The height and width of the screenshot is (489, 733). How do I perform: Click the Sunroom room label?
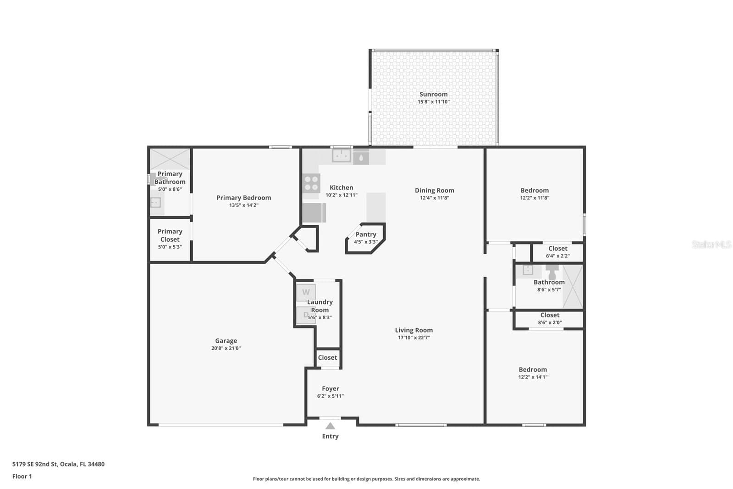coord(433,94)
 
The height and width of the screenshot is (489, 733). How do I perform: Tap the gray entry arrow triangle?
coord(330,426)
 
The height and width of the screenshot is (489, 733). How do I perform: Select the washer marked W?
coord(306,293)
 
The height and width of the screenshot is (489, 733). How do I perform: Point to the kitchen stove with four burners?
coord(311,183)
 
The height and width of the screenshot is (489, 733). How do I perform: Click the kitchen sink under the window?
coord(342,156)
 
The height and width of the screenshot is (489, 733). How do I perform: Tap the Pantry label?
coord(366,234)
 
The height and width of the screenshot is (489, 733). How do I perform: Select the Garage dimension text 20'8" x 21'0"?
coord(226,348)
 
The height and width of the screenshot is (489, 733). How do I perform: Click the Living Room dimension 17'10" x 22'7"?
coord(413,338)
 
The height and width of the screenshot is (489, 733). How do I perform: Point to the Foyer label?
coord(330,389)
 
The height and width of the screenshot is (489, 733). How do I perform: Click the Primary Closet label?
coord(170,235)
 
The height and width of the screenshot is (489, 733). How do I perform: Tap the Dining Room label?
coord(434,190)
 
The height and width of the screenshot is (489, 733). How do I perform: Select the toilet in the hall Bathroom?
coord(552,272)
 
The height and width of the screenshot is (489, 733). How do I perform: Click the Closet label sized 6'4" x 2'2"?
coord(558,249)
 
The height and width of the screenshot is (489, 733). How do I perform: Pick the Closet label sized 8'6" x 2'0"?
coord(550,315)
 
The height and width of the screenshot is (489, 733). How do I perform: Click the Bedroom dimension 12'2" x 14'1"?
coord(533,377)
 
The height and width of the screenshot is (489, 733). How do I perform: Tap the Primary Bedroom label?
coord(243,198)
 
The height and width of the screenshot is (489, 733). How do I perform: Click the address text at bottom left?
coord(59,464)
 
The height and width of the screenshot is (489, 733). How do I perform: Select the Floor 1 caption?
coord(22,477)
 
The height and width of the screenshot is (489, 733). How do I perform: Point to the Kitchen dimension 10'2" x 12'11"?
coord(342,195)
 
